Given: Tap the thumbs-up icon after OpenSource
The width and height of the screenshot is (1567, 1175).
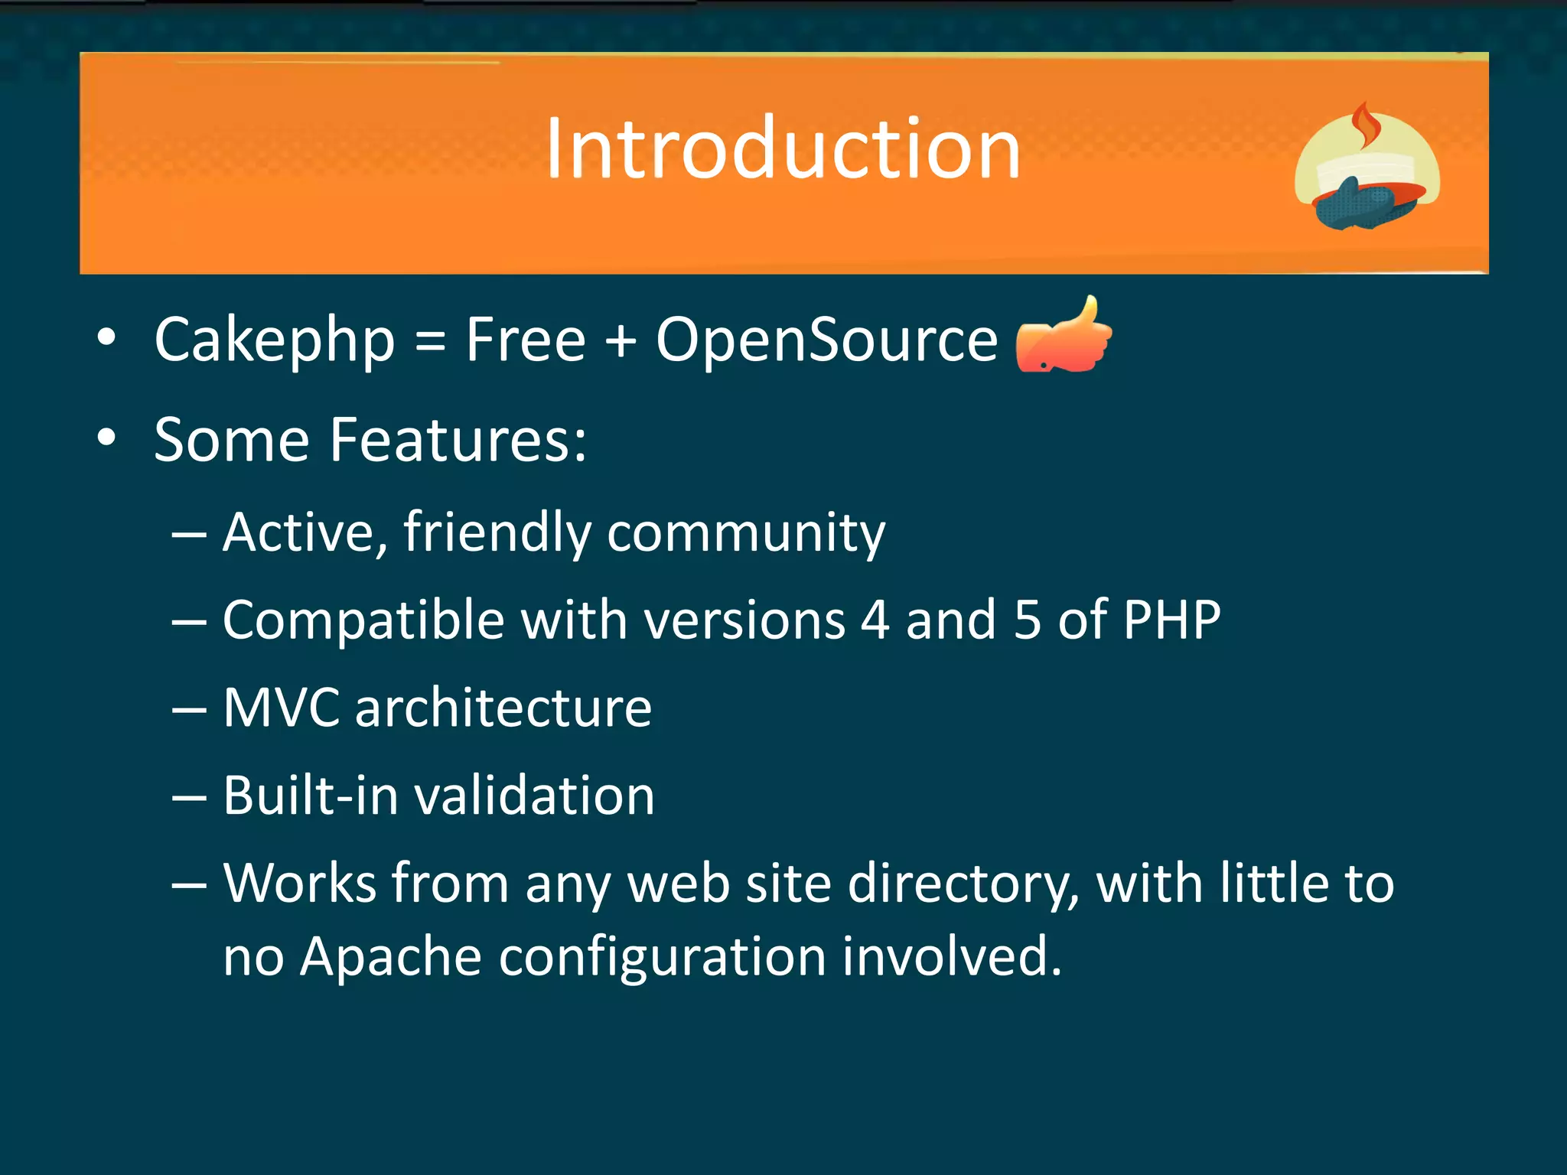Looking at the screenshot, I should (x=1064, y=337).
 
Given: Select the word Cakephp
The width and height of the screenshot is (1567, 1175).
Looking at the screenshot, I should (x=275, y=340).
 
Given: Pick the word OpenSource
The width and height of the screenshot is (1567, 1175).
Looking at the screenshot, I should (x=826, y=340).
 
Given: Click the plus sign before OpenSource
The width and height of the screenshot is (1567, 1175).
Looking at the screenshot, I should (x=621, y=341).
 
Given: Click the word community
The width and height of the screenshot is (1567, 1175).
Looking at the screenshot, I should (x=746, y=533).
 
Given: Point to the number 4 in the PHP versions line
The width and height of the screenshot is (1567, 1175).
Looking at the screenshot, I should (x=875, y=620).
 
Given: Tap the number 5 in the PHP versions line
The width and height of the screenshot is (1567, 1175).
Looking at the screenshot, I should (x=1027, y=620).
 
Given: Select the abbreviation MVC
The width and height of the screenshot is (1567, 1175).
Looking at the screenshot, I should (x=281, y=708).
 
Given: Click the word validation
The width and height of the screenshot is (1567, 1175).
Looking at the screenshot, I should (x=534, y=796).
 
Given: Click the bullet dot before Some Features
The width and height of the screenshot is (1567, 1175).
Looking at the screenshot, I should (x=107, y=438).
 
